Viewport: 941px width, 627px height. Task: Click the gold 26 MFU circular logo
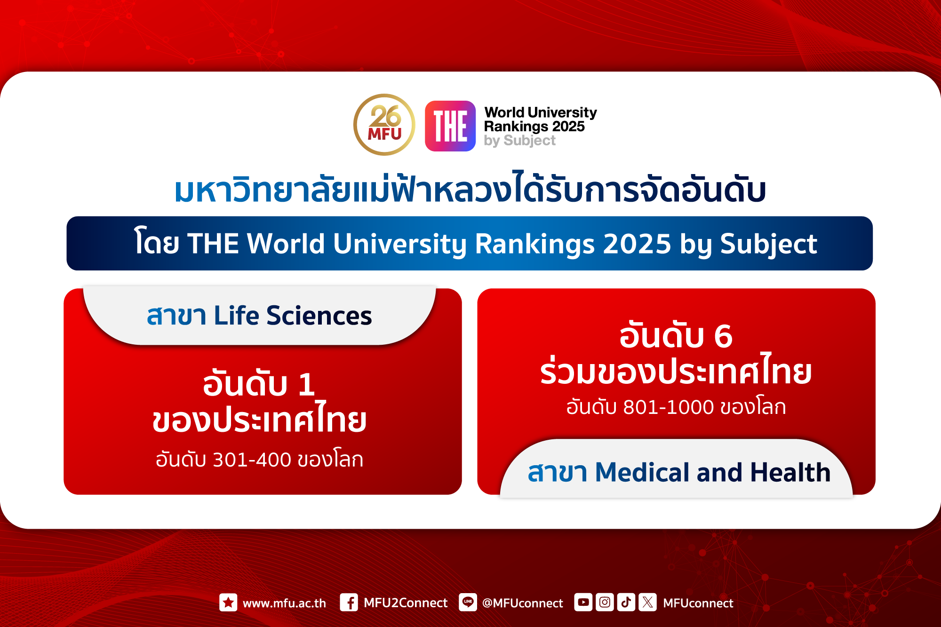(x=384, y=125)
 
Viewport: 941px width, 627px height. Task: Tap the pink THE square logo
(x=450, y=126)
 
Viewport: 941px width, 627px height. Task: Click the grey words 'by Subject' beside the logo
(x=519, y=141)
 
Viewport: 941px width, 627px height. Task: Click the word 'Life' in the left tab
(x=236, y=315)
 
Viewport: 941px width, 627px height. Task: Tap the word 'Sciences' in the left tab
(x=319, y=316)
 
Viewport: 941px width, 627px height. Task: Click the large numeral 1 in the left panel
(x=306, y=384)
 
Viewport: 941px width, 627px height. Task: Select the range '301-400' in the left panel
(x=252, y=460)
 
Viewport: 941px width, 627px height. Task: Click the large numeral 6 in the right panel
(x=723, y=336)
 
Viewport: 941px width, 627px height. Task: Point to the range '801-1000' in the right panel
(x=669, y=407)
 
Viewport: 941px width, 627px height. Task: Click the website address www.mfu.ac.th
(x=284, y=603)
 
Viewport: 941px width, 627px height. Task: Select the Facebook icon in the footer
(x=349, y=603)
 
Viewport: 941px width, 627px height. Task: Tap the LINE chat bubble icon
(x=468, y=602)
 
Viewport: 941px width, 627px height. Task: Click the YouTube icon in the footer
(x=583, y=602)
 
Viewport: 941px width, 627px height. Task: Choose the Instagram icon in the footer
(x=605, y=602)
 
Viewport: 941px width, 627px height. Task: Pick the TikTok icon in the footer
(x=626, y=602)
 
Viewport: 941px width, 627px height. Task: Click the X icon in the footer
(x=647, y=602)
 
